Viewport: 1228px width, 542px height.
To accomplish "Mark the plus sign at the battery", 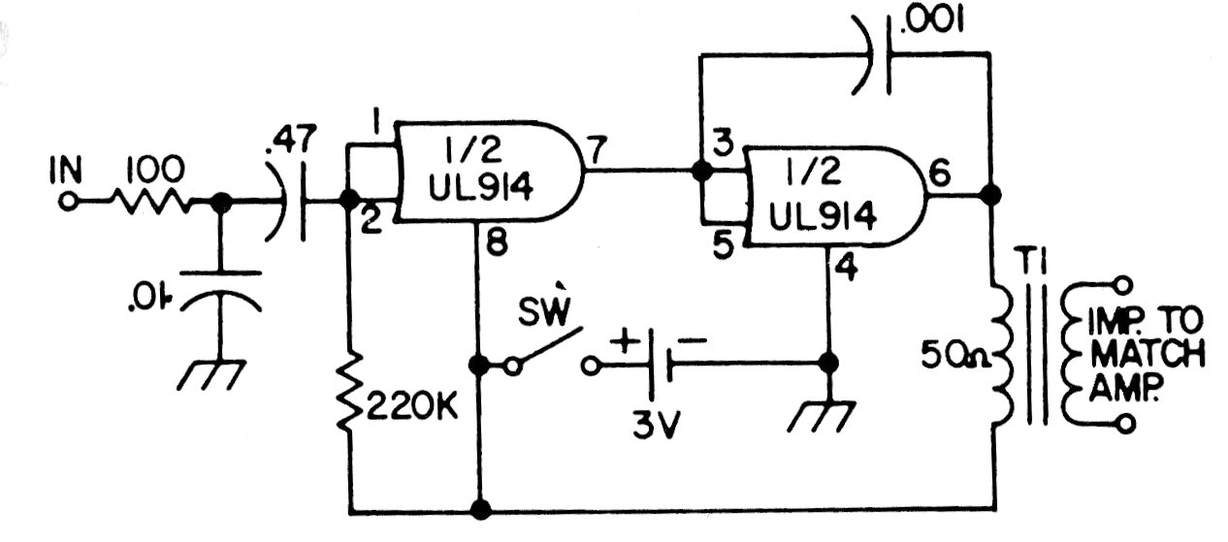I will pyautogui.click(x=622, y=341).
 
